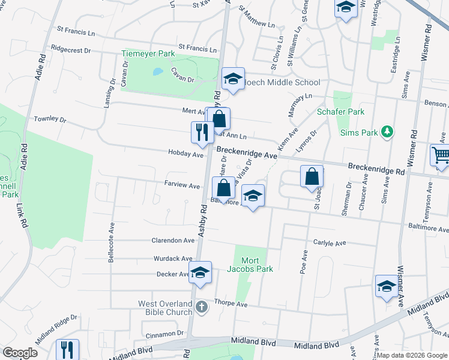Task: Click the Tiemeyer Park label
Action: (148, 54)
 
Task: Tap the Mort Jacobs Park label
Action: (257, 265)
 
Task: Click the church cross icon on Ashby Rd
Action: (202, 307)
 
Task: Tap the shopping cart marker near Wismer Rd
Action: (440, 156)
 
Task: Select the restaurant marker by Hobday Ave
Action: (200, 131)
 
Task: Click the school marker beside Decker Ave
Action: (200, 272)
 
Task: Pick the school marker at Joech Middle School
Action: (233, 79)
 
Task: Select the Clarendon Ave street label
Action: (173, 240)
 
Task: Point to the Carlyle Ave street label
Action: (330, 243)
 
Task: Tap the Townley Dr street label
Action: (50, 119)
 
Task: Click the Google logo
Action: (20, 353)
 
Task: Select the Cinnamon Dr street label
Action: (163, 333)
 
